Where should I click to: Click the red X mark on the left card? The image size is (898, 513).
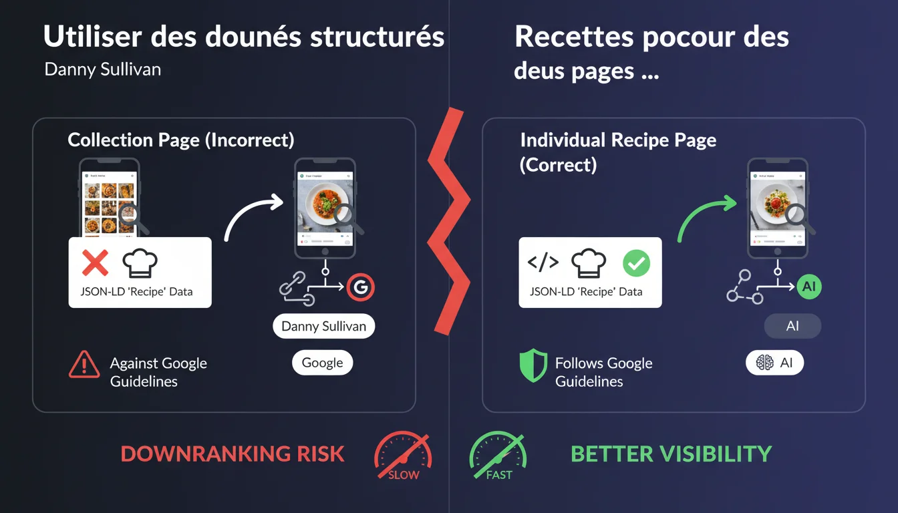point(95,263)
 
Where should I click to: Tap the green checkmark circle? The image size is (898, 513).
point(635,263)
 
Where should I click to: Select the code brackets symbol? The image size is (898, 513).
point(543,263)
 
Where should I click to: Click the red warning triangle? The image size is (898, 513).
point(84,365)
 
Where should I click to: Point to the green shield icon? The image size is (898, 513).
point(533,367)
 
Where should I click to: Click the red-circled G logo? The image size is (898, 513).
point(361,287)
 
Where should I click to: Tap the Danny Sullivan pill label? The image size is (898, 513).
point(324,327)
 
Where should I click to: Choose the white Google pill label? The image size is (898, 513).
point(322,363)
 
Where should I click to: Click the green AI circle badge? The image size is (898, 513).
point(808,287)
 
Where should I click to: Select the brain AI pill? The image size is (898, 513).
point(774,363)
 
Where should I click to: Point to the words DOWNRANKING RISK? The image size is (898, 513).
point(233,454)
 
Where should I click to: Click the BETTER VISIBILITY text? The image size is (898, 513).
point(671,454)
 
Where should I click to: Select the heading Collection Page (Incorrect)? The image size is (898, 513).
point(180,140)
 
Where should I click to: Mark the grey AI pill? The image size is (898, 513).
point(792,327)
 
